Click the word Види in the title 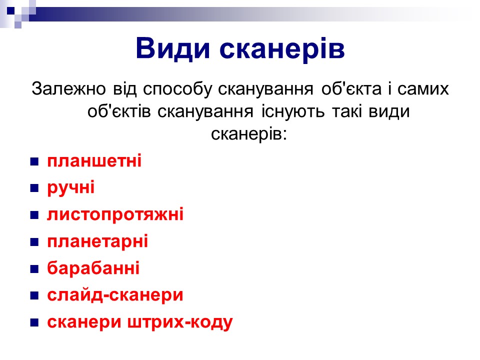click(173, 49)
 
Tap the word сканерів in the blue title click(282, 49)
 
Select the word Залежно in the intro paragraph click(68, 89)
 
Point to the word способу click(177, 89)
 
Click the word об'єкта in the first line click(351, 89)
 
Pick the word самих click(423, 89)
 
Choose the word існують click(293, 111)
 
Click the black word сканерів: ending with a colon click(249, 133)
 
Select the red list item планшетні click(94, 160)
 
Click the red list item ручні click(70, 187)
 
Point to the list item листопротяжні click(115, 214)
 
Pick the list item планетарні click(97, 241)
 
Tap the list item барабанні click(93, 268)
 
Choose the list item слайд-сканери click(115, 295)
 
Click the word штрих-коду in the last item click(179, 322)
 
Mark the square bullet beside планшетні click(34, 161)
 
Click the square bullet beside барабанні click(34, 269)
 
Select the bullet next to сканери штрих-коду click(34, 322)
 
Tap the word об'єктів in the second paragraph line click(119, 111)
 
